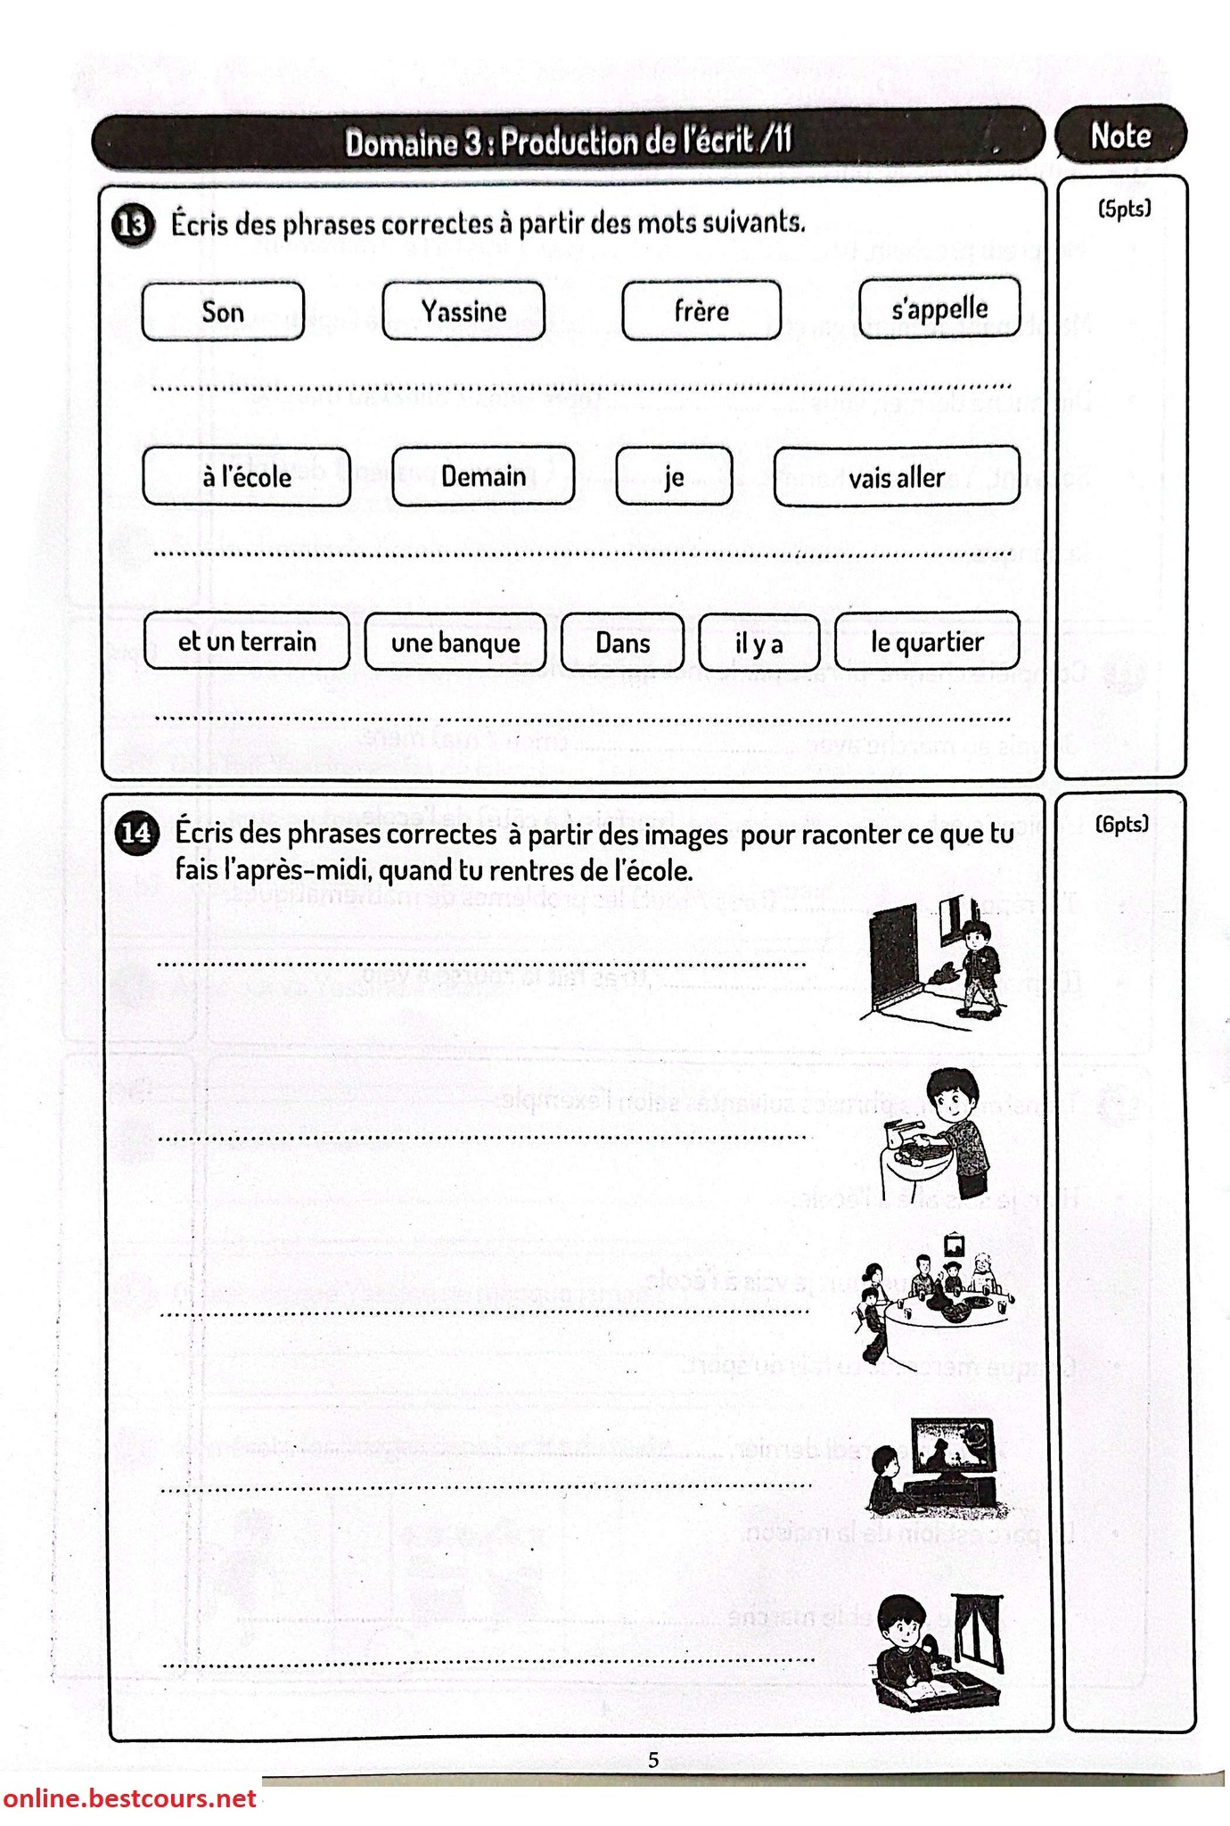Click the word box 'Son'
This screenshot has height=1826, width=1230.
tap(223, 311)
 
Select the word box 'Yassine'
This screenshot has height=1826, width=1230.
tap(463, 311)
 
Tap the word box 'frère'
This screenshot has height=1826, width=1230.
tap(701, 310)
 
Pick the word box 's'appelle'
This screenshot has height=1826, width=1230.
tap(939, 308)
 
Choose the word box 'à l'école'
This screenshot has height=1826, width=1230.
tap(247, 476)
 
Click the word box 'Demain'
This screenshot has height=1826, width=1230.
tap(483, 475)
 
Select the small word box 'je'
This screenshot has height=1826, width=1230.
tap(674, 476)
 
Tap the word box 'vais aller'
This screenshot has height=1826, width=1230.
tap(897, 476)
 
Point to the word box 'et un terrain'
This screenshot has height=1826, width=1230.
tap(247, 641)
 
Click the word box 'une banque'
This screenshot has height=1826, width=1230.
tap(455, 642)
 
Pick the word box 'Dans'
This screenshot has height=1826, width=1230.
tap(623, 642)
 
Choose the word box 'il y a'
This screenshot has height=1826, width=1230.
tap(759, 642)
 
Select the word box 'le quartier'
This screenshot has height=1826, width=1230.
tap(927, 641)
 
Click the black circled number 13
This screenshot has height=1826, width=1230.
tap(132, 225)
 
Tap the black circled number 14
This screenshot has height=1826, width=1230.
tap(135, 833)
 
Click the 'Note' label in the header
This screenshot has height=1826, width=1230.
tap(1120, 136)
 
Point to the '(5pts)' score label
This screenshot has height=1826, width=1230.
tap(1124, 209)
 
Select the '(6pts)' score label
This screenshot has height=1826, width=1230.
tap(1123, 824)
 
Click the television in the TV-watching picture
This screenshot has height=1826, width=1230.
tap(955, 1452)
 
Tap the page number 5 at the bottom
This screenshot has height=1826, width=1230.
tap(653, 1759)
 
